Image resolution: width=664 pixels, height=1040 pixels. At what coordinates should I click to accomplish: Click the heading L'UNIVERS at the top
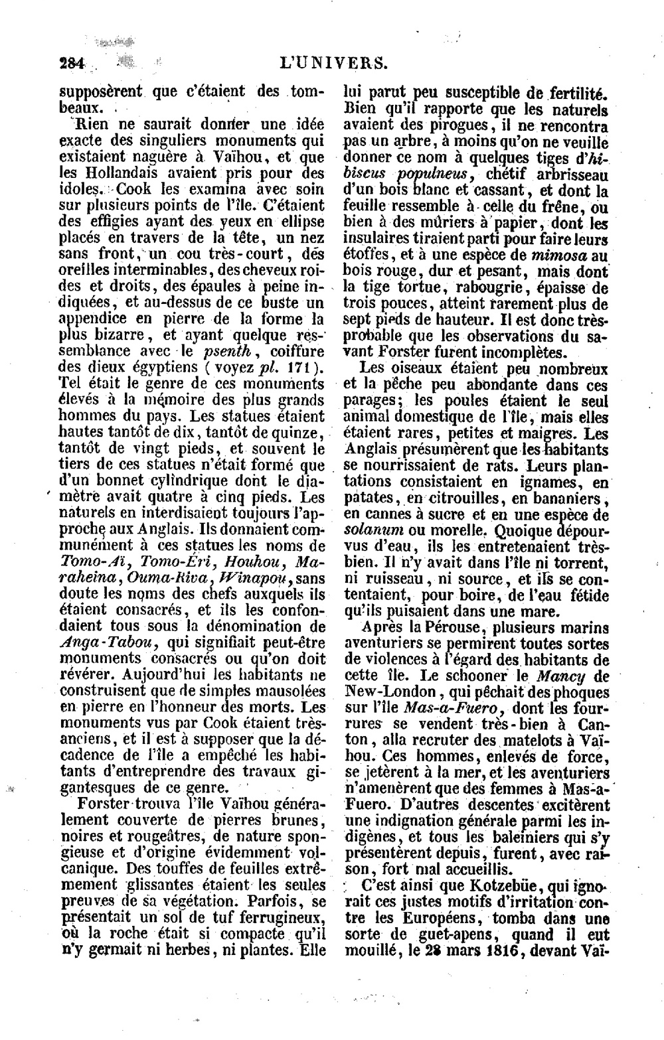[x=333, y=64]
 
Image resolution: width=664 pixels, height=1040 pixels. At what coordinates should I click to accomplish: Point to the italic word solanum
[x=372, y=531]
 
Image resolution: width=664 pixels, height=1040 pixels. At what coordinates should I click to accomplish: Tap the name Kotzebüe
[x=477, y=886]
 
